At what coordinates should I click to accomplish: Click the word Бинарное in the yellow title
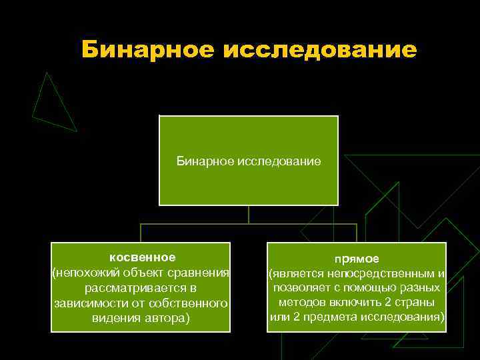147,49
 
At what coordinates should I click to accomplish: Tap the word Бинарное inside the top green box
205,161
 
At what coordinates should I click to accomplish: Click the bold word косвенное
143,257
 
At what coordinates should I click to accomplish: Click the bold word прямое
357,259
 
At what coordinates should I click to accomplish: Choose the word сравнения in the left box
199,273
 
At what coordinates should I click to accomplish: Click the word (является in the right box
291,273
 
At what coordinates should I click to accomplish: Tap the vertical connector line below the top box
249,214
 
